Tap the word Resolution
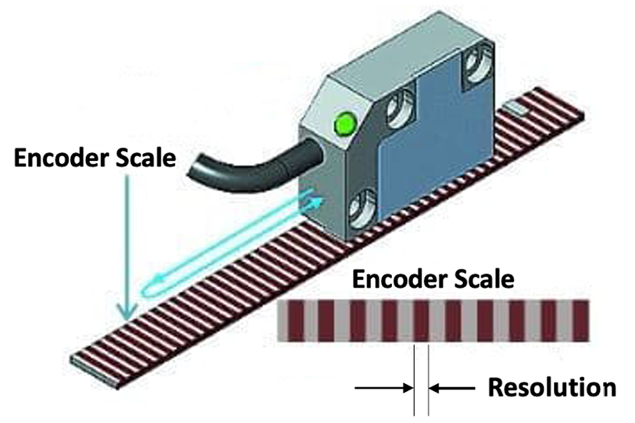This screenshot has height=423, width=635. pyautogui.click(x=551, y=386)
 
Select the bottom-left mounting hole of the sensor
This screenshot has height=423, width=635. pyautogui.click(x=361, y=210)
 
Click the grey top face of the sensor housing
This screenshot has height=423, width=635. pyautogui.click(x=391, y=66)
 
